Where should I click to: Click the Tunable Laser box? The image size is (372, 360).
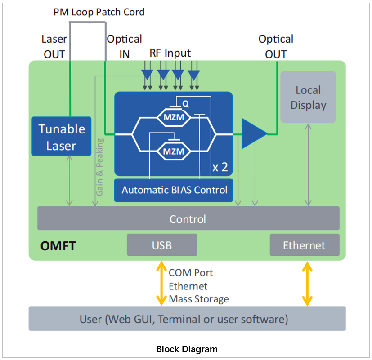pyautogui.click(x=62, y=137)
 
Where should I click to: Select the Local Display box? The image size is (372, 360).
pyautogui.click(x=308, y=97)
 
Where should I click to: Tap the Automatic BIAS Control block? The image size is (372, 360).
pyautogui.click(x=174, y=190)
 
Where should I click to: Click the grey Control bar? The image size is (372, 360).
pyautogui.click(x=188, y=218)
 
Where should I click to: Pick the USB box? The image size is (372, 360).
pyautogui.click(x=162, y=245)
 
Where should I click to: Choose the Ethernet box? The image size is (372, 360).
pyautogui.click(x=304, y=245)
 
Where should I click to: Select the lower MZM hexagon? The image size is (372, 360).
pyautogui.click(x=173, y=151)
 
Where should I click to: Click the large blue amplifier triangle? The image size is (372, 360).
pyautogui.click(x=253, y=133)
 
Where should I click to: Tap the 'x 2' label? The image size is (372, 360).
pyautogui.click(x=220, y=168)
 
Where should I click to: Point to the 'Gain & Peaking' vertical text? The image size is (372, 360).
pyautogui.click(x=100, y=167)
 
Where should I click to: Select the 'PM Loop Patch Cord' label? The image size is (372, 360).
pyautogui.click(x=99, y=12)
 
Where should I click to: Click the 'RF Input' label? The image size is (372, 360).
pyautogui.click(x=170, y=53)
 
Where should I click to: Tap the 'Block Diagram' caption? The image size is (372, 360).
pyautogui.click(x=187, y=349)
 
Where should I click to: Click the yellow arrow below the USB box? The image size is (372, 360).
pyautogui.click(x=160, y=284)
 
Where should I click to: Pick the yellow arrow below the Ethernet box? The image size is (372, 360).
pyautogui.click(x=308, y=284)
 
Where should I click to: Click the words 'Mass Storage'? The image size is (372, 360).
pyautogui.click(x=198, y=299)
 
